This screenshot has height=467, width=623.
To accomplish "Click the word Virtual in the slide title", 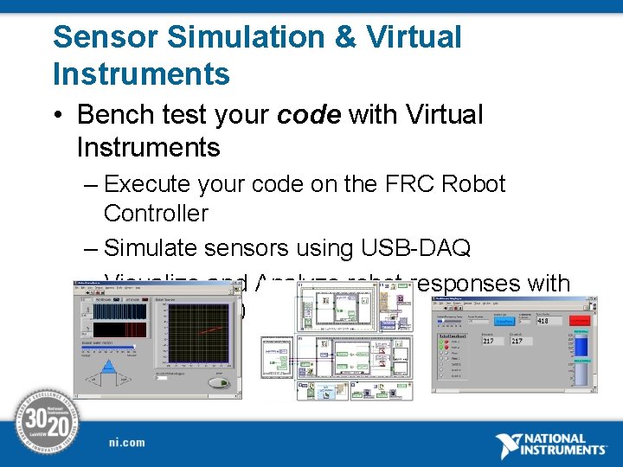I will click(414, 37).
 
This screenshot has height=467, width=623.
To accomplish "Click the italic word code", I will click(309, 114).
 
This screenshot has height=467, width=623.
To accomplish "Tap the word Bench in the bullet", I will click(112, 114).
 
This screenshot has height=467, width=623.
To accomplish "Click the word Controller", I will click(156, 214).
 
